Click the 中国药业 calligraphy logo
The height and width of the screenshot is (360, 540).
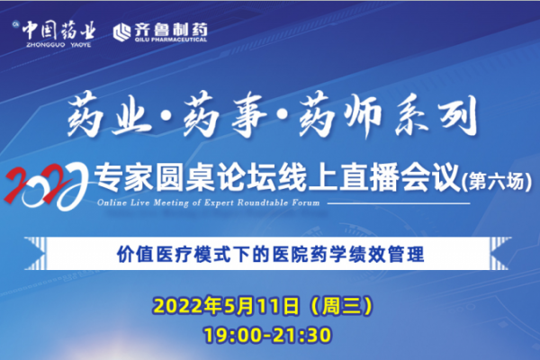coord(58,31)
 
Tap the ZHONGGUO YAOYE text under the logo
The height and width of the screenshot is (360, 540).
coord(58,45)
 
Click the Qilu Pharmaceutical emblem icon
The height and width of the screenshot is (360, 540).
coord(121,32)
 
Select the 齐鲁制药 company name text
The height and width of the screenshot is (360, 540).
coord(170,30)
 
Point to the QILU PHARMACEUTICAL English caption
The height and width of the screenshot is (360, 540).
coord(170,40)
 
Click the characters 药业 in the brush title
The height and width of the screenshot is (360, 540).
coord(110,115)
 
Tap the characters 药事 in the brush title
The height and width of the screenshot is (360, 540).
coord(226,115)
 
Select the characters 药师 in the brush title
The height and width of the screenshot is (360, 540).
coord(341,115)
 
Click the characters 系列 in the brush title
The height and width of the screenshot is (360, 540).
coord(436,115)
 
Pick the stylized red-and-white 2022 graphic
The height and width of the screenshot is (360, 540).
coord(46,186)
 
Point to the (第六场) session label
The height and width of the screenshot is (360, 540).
coord(497,182)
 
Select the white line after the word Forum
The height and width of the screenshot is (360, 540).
coord(399,203)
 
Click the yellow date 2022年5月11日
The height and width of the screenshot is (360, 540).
coord(226,306)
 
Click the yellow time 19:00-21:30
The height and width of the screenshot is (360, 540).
coord(267,335)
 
